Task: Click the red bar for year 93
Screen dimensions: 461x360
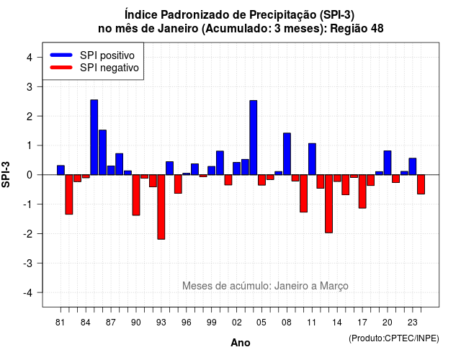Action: click(x=161, y=207)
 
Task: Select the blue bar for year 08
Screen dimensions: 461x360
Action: click(x=287, y=153)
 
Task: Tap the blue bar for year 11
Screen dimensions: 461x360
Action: click(x=312, y=159)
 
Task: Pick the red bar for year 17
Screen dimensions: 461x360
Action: click(x=362, y=192)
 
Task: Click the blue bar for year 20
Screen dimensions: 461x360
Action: click(x=388, y=163)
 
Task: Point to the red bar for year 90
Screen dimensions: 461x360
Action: click(x=136, y=195)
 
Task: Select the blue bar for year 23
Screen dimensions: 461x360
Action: click(x=413, y=166)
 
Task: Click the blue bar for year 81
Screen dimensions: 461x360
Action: click(x=61, y=170)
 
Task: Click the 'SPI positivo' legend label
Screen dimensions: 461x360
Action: click(x=107, y=55)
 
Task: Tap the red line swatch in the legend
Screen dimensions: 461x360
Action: click(x=61, y=68)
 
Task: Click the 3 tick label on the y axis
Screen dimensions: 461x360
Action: click(x=30, y=86)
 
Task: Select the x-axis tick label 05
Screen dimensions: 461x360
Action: click(x=261, y=323)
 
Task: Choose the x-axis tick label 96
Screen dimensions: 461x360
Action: click(x=186, y=323)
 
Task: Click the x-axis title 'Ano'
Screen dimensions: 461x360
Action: click(x=241, y=343)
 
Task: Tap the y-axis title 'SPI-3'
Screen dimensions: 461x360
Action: click(x=6, y=174)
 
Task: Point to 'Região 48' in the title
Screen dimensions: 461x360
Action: click(x=357, y=29)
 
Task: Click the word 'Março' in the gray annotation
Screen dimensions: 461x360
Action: click(x=334, y=286)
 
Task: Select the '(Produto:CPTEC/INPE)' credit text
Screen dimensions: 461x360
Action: click(x=394, y=338)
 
